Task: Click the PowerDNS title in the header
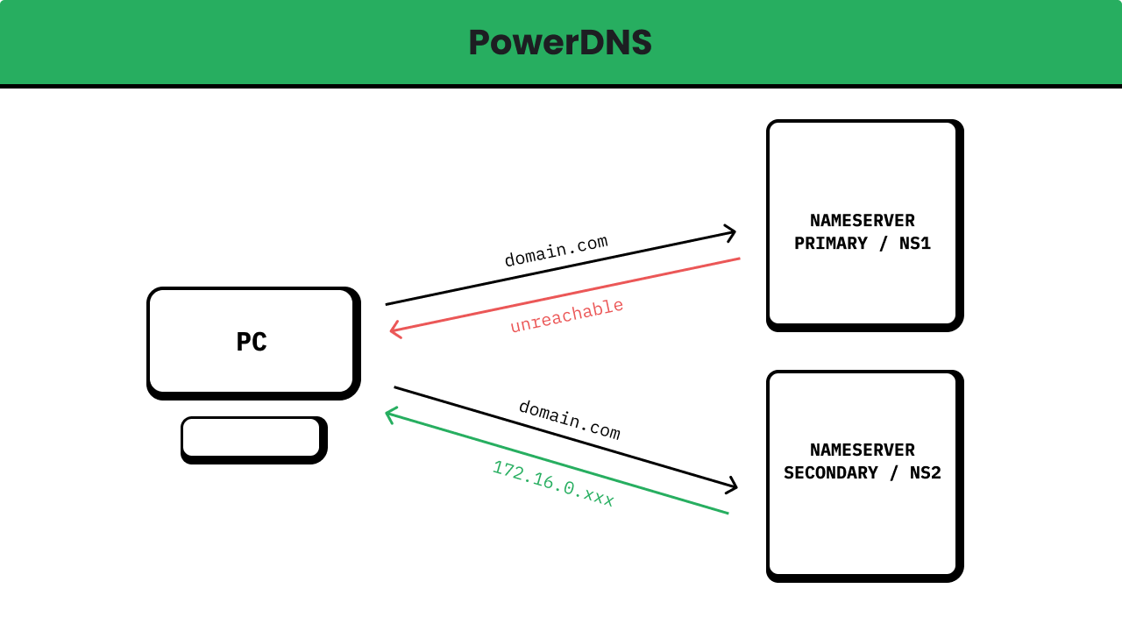click(x=560, y=43)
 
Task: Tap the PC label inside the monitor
click(x=252, y=342)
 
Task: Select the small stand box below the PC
click(x=252, y=437)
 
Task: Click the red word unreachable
click(x=566, y=315)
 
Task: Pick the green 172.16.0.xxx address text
click(x=553, y=484)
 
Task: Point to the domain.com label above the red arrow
click(x=556, y=251)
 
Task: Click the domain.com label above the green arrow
click(x=569, y=420)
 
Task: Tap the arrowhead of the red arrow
click(x=394, y=330)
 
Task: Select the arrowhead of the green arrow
click(x=390, y=414)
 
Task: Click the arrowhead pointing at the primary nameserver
click(x=731, y=233)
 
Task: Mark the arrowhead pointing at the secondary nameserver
click(x=732, y=486)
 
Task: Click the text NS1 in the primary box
click(x=915, y=244)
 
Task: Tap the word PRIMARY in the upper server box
click(x=830, y=244)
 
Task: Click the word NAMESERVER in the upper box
click(x=863, y=221)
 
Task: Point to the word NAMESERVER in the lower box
click(x=863, y=450)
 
